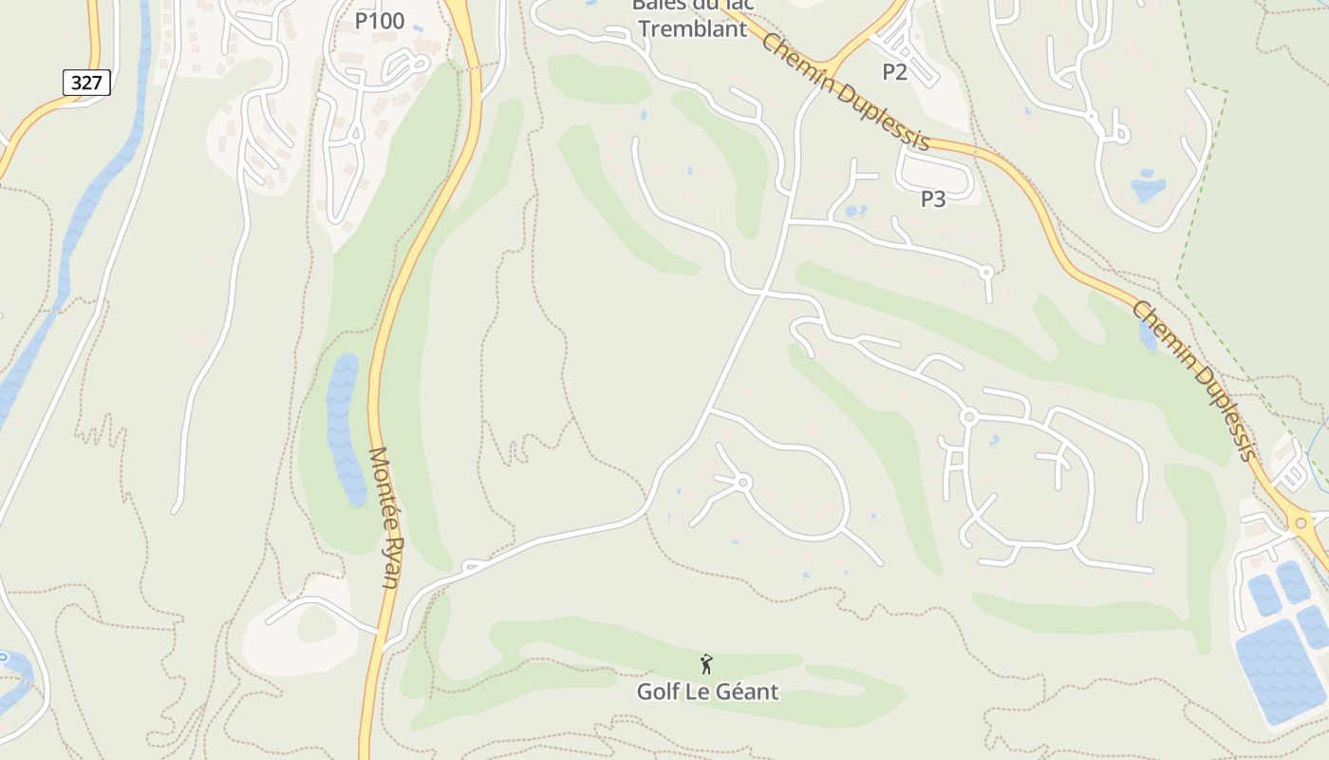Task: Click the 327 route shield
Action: click(x=86, y=83)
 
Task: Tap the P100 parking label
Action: click(x=379, y=21)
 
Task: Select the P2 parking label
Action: click(x=895, y=71)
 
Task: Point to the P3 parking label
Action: click(x=933, y=199)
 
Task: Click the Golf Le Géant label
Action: click(x=707, y=692)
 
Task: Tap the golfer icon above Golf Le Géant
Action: click(x=706, y=664)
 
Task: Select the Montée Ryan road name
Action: click(x=384, y=517)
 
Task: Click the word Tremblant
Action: click(x=692, y=28)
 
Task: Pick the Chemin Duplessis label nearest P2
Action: click(x=845, y=92)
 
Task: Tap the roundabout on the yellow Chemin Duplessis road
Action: click(x=1301, y=521)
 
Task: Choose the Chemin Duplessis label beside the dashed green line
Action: click(x=1195, y=380)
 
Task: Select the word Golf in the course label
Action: click(x=656, y=692)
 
